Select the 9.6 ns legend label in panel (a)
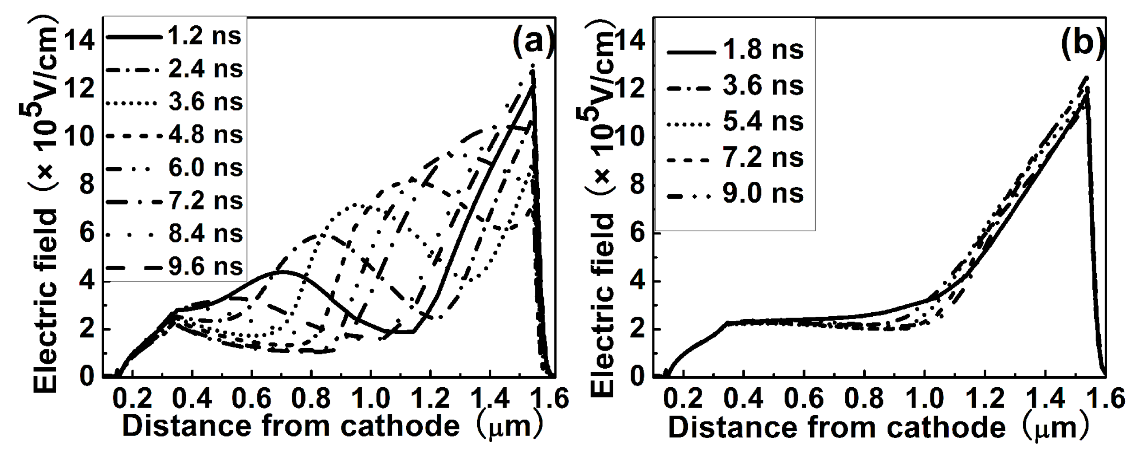tap(205, 267)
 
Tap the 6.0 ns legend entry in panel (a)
tap(205, 168)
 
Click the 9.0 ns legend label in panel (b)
tap(763, 194)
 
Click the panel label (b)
tap(1083, 43)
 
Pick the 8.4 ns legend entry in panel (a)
tap(205, 234)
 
